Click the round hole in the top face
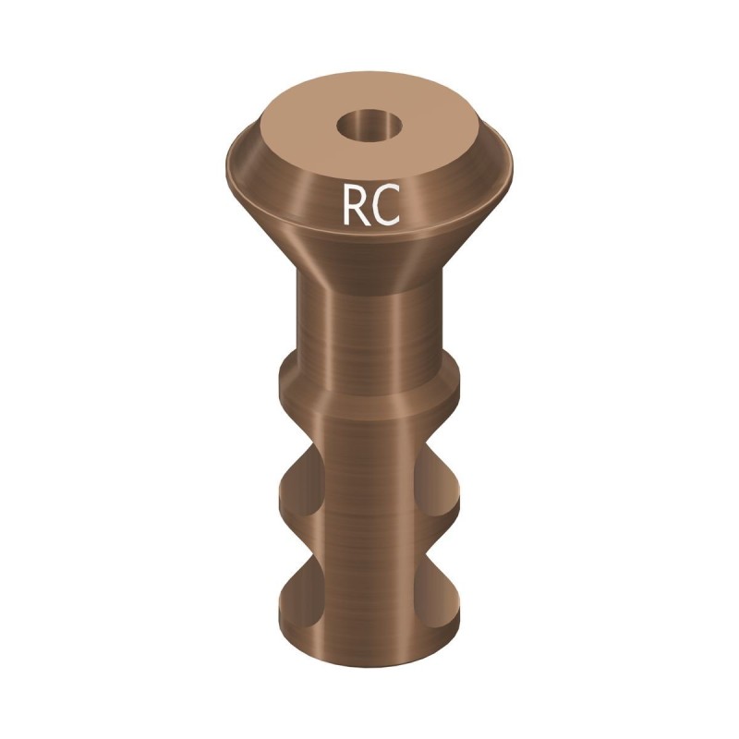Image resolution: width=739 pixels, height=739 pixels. click(x=369, y=126)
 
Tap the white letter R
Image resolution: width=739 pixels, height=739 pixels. click(x=357, y=205)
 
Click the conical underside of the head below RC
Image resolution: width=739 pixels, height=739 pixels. click(x=369, y=249)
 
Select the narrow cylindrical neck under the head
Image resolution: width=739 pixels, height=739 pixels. click(x=369, y=323)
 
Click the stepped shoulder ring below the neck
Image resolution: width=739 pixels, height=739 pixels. click(x=369, y=393)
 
